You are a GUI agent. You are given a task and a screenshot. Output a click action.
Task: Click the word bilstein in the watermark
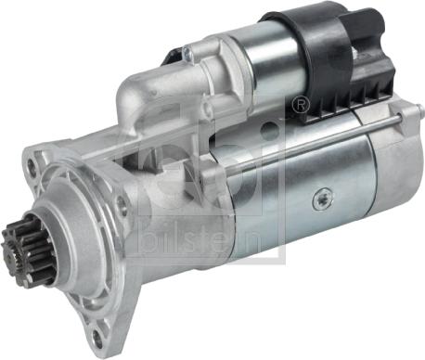pyautogui.click(x=201, y=239)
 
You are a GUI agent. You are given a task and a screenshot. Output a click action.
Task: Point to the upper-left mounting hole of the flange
pyautogui.click(x=31, y=164)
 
